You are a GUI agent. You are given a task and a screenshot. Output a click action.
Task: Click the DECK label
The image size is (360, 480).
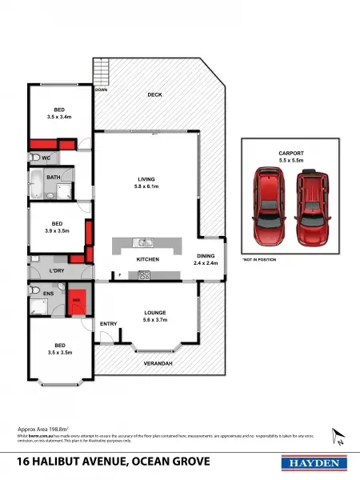pos(155,95)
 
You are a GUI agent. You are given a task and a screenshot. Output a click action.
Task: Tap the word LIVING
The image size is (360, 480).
pos(146,179)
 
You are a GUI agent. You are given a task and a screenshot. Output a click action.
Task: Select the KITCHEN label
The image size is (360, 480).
pos(148,260)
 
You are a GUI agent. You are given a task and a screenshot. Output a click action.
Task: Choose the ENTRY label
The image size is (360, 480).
pos(109,324)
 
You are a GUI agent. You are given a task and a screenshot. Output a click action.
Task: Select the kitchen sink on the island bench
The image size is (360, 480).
pos(142,242)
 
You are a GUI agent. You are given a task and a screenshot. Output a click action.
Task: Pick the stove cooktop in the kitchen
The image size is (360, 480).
pos(145,276)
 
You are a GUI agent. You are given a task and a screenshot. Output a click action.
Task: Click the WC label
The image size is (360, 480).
pos(46,158)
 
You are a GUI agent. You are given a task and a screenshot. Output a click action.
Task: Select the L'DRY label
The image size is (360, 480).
pos(57,272)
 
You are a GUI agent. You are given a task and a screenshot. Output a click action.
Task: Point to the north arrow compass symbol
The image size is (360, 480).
pos(339,438)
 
